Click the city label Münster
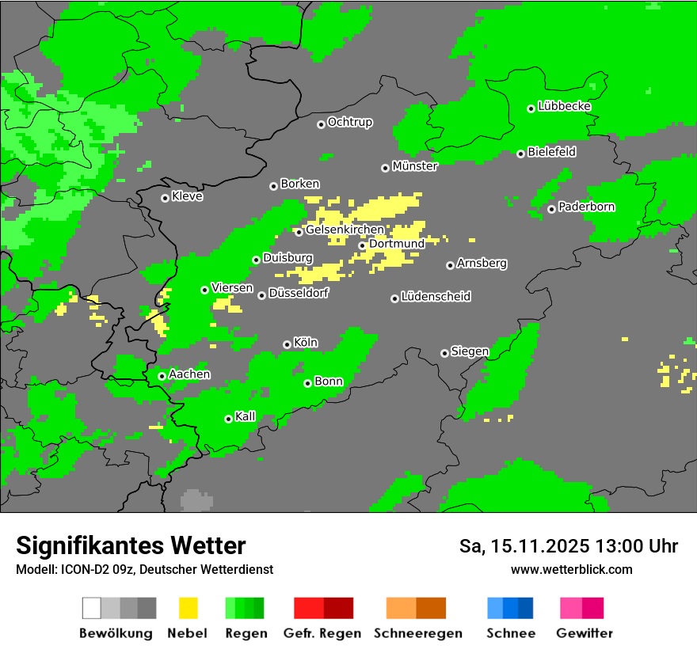pos(415,167)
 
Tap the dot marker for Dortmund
pos(362,245)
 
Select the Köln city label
pos(306,343)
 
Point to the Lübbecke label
pos(565,106)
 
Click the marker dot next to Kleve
pos(165,198)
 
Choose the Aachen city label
pos(189,374)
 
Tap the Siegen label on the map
pos(470,351)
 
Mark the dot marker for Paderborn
pos(551,209)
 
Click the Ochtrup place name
pos(350,123)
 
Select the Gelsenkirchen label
pos(345,230)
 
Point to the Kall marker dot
pos(228,419)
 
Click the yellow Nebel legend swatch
pos(188,608)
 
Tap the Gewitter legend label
pos(585,633)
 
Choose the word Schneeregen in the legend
pos(418,633)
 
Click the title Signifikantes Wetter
pos(131,545)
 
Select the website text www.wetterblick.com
pos(572,569)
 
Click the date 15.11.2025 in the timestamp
pos(540,546)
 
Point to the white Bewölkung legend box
pos(92,608)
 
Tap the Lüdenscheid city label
pos(436,297)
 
